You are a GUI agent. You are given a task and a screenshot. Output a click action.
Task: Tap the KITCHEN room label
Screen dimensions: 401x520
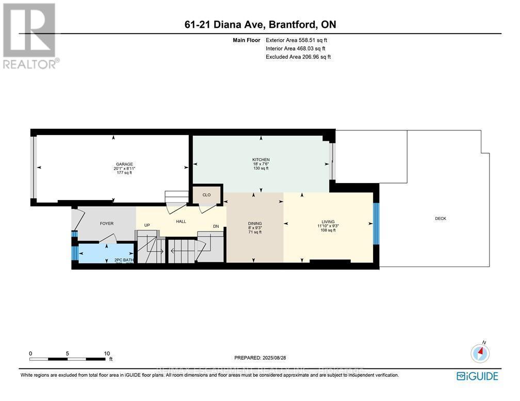[x=261, y=159]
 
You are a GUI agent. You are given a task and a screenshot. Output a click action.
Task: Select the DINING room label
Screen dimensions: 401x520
[x=254, y=223]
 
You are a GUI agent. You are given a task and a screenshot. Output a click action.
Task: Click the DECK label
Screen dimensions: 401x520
[x=440, y=219]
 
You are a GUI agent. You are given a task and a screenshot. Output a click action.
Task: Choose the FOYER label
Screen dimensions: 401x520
[x=106, y=223]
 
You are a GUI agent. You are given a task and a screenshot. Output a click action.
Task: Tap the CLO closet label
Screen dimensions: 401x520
[x=206, y=195]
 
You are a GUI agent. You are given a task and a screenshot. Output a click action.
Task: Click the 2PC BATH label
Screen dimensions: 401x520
[x=124, y=260]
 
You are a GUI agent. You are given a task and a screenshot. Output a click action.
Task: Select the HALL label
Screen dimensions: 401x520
[x=181, y=222]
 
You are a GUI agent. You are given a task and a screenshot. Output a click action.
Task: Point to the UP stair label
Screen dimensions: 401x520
[x=147, y=225]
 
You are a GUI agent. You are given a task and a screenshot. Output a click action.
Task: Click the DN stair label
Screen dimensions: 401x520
[x=216, y=225]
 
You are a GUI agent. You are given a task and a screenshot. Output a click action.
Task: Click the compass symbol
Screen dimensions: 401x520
[x=480, y=353]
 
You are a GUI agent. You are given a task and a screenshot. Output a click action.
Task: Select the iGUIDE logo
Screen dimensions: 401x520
[x=477, y=376]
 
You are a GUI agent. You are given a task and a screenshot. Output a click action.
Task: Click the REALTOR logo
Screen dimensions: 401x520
[x=29, y=36]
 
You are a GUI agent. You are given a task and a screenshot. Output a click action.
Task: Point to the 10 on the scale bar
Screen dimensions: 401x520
[x=107, y=354]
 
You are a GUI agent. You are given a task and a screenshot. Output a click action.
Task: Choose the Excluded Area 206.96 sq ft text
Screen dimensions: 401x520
[x=298, y=57]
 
